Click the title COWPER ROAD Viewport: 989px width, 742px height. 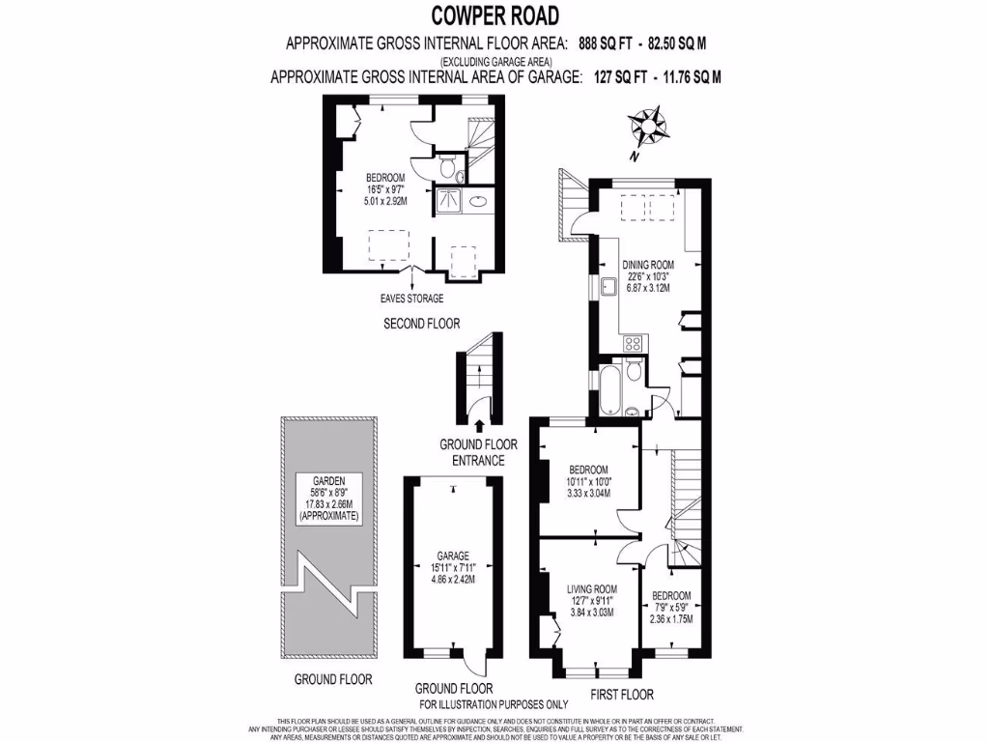point(494,15)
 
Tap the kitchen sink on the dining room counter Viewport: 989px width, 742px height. point(610,287)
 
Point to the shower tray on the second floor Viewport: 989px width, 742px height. point(448,199)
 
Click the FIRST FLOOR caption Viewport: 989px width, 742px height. point(622,694)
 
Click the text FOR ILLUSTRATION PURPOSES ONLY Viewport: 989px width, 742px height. point(494,704)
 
